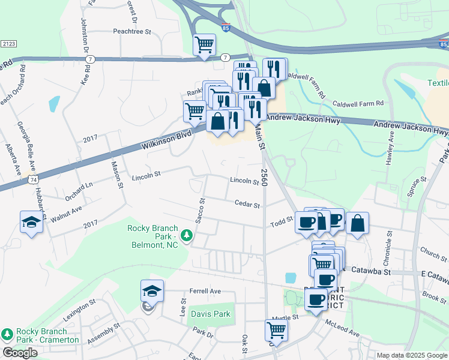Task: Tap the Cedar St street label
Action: click(x=247, y=205)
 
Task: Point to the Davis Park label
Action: click(x=210, y=314)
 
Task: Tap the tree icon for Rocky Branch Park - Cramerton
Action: click(x=7, y=334)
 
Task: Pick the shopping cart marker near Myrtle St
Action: click(x=276, y=329)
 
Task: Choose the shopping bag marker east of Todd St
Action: click(x=357, y=223)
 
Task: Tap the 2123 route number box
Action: click(x=8, y=44)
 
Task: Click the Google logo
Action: click(x=20, y=353)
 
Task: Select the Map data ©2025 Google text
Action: click(x=411, y=355)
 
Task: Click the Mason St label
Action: click(x=116, y=176)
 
